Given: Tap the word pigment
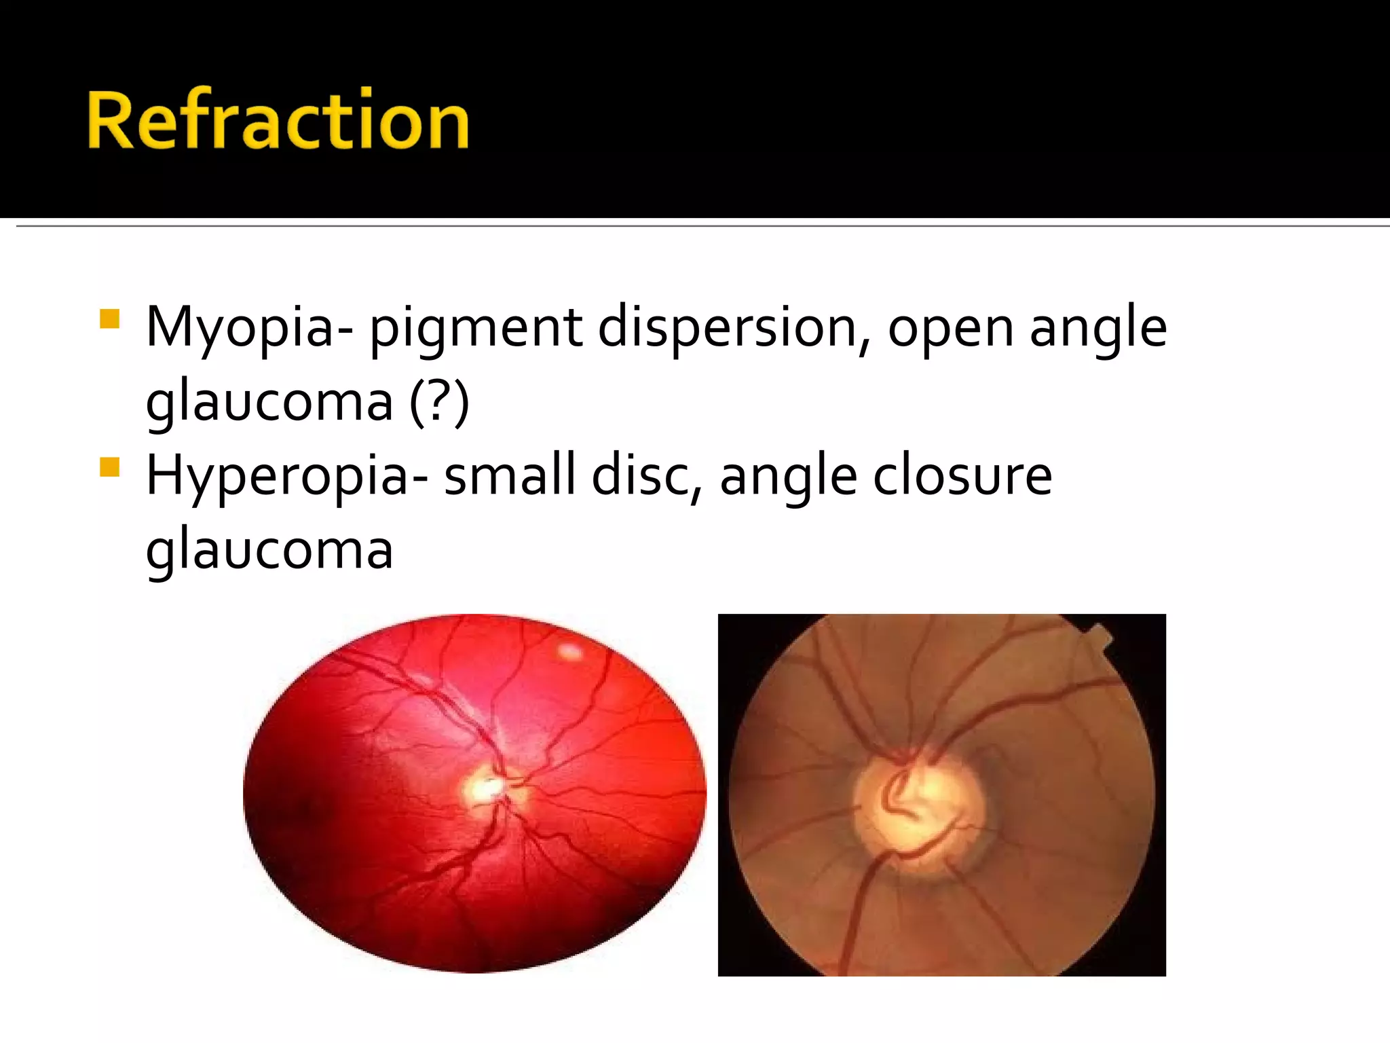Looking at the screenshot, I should (475, 329).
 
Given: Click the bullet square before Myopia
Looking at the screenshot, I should (109, 319).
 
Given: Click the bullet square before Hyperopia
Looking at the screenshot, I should (109, 467).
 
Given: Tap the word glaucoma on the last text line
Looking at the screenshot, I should (269, 550).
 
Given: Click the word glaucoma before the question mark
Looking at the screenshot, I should (269, 402).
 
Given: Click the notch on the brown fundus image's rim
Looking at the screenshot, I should (1100, 638).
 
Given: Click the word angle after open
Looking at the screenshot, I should (1098, 329).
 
